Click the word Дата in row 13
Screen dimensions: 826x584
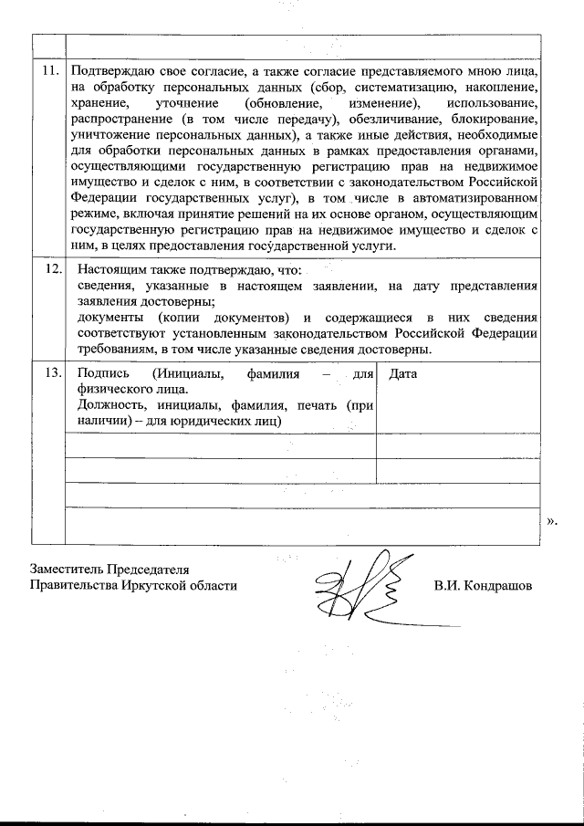point(403,372)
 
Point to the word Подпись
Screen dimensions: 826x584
point(103,372)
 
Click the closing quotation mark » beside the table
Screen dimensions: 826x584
point(551,522)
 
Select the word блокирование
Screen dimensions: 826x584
point(494,120)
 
